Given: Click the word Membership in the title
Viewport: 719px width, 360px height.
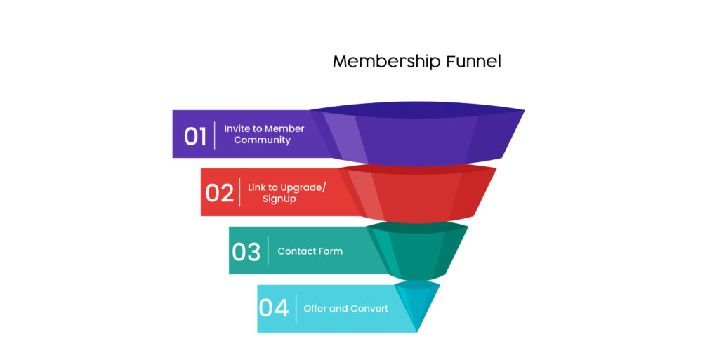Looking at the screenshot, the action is [387, 61].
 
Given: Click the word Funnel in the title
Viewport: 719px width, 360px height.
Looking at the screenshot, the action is [474, 61].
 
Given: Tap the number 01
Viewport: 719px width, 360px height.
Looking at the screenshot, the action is [195, 136].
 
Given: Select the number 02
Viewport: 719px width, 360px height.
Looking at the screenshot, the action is [220, 193].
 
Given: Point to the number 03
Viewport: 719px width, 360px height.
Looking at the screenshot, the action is [246, 251].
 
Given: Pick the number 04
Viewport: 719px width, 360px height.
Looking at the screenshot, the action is [274, 308].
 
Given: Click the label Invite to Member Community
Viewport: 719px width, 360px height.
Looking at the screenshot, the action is [264, 134].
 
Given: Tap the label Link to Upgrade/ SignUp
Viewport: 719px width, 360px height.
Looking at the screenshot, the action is [286, 193].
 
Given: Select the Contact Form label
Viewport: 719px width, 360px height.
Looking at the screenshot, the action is [310, 251].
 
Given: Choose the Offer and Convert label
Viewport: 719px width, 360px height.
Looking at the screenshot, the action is [345, 308].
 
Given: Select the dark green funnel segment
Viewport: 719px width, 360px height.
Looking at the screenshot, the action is [417, 251].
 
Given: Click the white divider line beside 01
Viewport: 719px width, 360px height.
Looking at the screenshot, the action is [215, 135].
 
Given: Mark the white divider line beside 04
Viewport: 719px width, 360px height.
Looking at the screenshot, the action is [296, 308].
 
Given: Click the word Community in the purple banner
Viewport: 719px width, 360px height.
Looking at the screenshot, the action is [263, 140].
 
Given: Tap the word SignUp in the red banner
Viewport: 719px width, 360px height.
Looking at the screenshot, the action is [279, 199].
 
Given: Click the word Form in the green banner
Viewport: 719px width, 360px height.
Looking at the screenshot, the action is [331, 251].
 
